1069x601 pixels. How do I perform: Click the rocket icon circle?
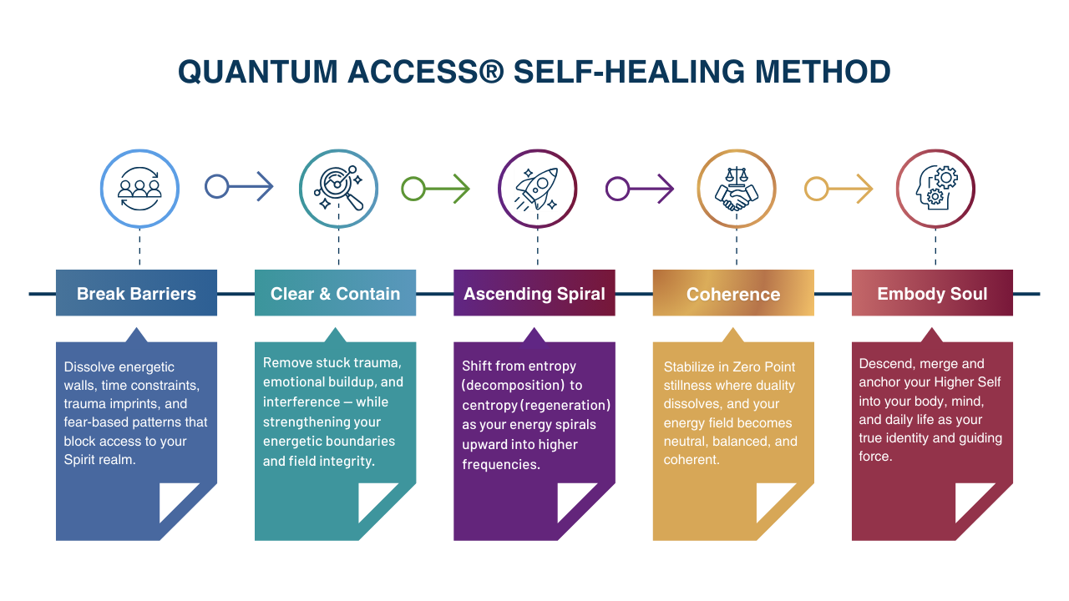click(x=537, y=189)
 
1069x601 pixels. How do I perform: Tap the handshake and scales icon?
click(x=736, y=189)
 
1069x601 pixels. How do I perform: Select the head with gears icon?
click(x=935, y=189)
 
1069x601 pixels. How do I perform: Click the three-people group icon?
click(x=139, y=189)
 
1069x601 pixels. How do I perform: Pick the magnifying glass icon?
click(x=338, y=189)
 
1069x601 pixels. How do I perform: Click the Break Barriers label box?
click(x=136, y=293)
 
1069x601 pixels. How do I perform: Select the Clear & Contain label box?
click(x=335, y=293)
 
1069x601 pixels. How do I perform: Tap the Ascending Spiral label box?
click(x=534, y=293)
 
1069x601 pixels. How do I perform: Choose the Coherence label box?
click(x=733, y=293)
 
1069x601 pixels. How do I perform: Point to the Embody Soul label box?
click(x=932, y=293)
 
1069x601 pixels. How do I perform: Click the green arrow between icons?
click(x=435, y=189)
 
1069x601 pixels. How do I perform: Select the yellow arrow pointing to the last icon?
click(x=838, y=189)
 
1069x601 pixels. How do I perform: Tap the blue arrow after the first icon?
click(x=239, y=186)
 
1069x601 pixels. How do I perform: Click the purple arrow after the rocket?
click(x=639, y=189)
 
